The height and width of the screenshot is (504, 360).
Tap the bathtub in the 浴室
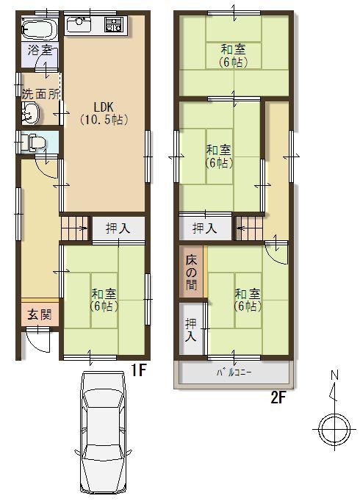[x=38, y=29]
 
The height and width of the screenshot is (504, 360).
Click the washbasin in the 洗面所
[x=31, y=112]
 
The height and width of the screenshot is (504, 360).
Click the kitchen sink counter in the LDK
[x=96, y=27]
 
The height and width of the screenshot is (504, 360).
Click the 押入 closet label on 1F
[x=118, y=228]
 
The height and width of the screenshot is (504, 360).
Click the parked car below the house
[x=103, y=433]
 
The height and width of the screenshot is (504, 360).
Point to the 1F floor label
[x=140, y=371]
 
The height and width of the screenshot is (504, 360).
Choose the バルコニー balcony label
[x=234, y=373]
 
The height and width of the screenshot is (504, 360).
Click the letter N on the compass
[x=334, y=376]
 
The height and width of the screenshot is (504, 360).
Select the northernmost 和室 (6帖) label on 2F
[x=233, y=55]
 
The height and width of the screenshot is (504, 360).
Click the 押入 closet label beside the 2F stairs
[x=204, y=228]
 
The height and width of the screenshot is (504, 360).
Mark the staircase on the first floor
[x=74, y=228]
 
